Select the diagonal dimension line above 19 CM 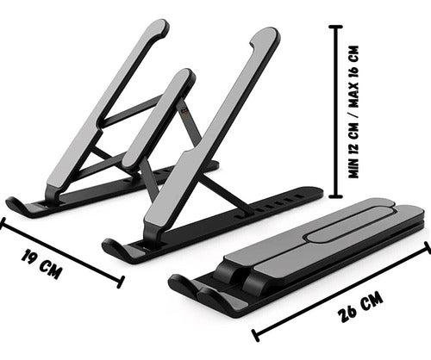(x=60, y=252)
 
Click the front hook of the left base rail (x=19, y=206)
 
